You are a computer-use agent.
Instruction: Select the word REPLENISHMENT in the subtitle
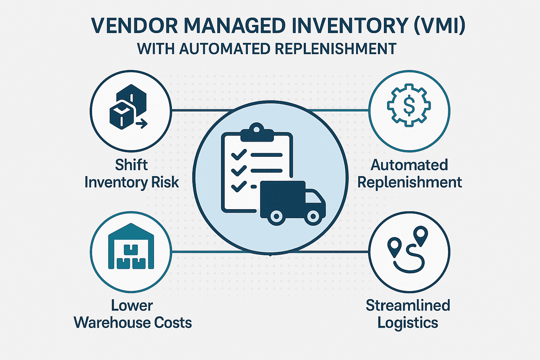coord(336,49)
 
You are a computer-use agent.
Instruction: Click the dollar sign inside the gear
coord(409,105)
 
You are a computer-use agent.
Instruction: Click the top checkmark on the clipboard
coord(239,155)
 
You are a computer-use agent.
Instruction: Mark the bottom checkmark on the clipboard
coord(239,185)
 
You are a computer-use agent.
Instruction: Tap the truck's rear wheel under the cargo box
coord(277,216)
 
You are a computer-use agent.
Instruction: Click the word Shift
coord(131,165)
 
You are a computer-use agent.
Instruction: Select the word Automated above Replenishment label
coord(409,165)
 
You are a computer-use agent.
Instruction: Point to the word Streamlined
coord(408,305)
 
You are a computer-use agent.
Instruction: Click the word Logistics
coord(408,323)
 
